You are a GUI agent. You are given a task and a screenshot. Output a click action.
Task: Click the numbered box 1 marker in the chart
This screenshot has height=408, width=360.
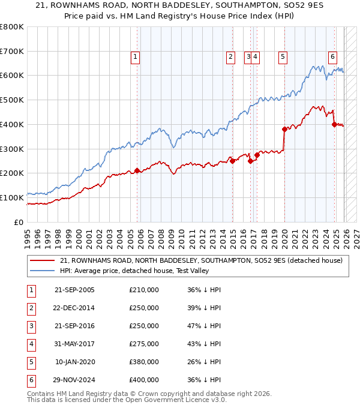(x=135, y=57)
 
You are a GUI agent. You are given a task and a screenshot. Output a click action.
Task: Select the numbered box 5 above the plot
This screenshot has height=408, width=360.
(x=282, y=57)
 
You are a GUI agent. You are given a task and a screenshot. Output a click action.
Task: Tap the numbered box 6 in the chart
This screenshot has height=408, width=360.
(x=332, y=57)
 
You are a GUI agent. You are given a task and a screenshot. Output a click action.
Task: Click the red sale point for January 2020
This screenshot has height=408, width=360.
(x=284, y=129)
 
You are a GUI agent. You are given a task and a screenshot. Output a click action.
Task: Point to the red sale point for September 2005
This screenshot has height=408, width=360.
(x=137, y=170)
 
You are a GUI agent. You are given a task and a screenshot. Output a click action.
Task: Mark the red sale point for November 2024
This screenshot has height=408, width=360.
(x=334, y=124)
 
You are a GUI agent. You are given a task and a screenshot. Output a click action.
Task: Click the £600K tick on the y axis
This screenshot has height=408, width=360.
(x=12, y=76)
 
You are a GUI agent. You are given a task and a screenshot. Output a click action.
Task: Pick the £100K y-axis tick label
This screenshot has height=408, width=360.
(x=12, y=197)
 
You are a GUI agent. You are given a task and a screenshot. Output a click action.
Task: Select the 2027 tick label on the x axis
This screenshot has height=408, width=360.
(x=356, y=236)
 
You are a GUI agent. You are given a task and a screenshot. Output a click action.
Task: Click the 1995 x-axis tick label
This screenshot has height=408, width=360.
(x=28, y=236)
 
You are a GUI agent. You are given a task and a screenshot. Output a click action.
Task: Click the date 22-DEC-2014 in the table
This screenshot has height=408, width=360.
(x=74, y=308)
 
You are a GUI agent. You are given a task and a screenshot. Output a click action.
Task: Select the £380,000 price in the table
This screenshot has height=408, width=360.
(x=144, y=362)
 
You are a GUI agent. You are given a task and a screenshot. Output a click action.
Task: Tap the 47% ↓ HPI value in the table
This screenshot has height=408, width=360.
(x=204, y=326)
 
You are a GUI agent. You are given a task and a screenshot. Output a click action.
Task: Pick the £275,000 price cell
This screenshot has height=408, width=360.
(x=144, y=344)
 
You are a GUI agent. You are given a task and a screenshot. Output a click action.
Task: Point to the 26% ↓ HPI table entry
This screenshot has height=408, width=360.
(x=204, y=362)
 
